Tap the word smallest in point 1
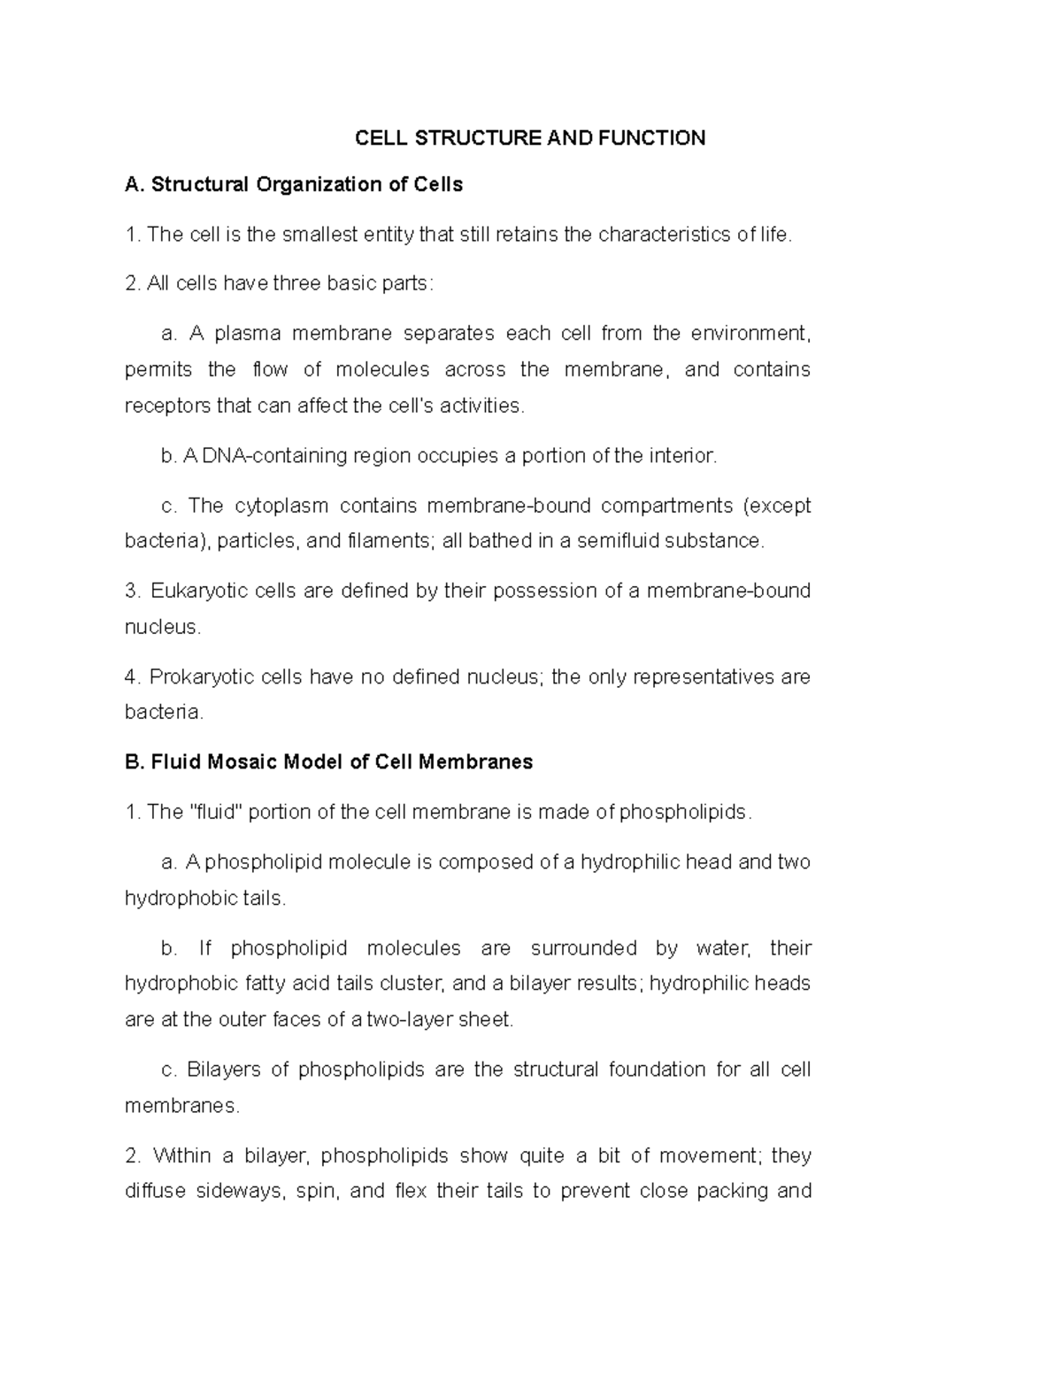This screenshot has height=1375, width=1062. (319, 235)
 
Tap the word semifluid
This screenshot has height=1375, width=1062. (619, 541)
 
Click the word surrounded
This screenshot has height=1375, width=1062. (583, 948)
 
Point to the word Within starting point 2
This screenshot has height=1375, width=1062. (181, 1156)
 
